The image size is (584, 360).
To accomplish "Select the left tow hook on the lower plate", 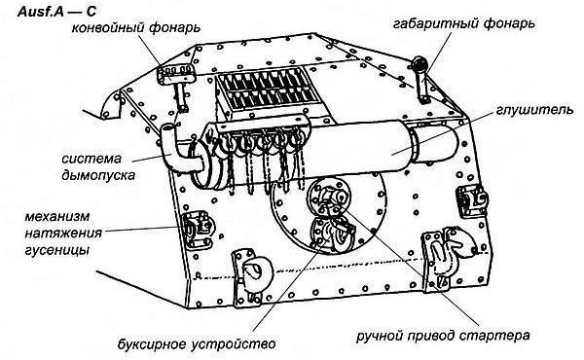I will pos(247,272).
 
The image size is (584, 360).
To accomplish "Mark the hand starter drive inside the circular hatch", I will pos(328,200).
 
